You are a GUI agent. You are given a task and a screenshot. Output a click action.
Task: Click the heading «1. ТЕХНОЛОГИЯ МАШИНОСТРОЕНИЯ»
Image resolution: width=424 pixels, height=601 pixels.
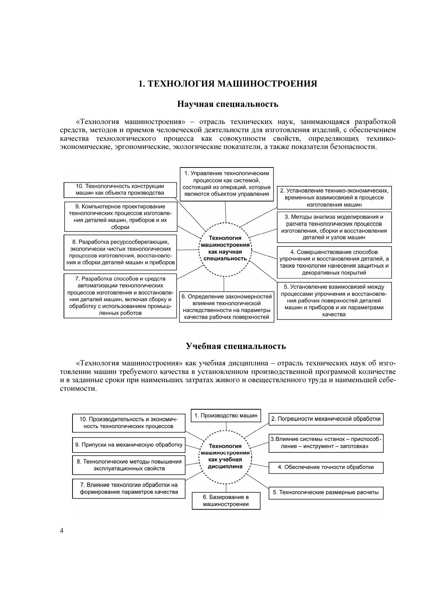click(x=228, y=84)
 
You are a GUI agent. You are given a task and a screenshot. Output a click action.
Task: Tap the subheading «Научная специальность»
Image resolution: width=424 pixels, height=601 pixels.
click(x=228, y=104)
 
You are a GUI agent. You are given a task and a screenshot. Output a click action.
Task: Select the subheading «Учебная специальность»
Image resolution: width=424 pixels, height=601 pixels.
click(x=236, y=346)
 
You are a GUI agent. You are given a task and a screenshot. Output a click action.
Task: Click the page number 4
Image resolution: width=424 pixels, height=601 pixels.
click(x=62, y=531)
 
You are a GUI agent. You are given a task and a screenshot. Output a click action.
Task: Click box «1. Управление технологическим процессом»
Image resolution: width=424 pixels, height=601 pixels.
click(x=227, y=184)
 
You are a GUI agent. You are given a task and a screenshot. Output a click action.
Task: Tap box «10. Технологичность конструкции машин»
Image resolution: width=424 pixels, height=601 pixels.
click(x=120, y=190)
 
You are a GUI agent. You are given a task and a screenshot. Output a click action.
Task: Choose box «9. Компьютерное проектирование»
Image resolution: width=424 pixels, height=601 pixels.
click(x=121, y=216)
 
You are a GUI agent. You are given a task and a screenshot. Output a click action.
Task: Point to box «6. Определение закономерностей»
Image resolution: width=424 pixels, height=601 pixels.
click(x=227, y=307)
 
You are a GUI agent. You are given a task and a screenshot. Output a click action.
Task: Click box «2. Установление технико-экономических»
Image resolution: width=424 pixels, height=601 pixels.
click(x=334, y=198)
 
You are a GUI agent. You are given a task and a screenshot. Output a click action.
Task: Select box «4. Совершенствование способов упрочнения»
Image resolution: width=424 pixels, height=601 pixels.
click(x=334, y=262)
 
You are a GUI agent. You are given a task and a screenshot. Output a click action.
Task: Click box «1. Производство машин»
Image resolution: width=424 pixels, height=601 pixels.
click(x=226, y=416)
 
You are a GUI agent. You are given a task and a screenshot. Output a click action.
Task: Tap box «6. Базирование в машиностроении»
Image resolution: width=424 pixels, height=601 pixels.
click(x=226, y=501)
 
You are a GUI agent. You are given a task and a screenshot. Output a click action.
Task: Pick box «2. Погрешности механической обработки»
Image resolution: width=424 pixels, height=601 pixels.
click(x=326, y=419)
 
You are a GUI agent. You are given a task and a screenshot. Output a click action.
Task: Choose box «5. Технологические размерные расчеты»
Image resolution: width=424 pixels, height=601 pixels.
click(x=326, y=493)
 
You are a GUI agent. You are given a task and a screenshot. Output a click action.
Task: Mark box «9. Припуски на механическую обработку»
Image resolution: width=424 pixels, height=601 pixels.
click(x=129, y=445)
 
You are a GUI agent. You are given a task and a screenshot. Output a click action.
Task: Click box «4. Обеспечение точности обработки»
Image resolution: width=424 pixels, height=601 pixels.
click(x=326, y=467)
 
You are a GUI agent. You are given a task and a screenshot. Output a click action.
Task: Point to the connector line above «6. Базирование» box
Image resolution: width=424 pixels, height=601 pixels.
click(x=226, y=488)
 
